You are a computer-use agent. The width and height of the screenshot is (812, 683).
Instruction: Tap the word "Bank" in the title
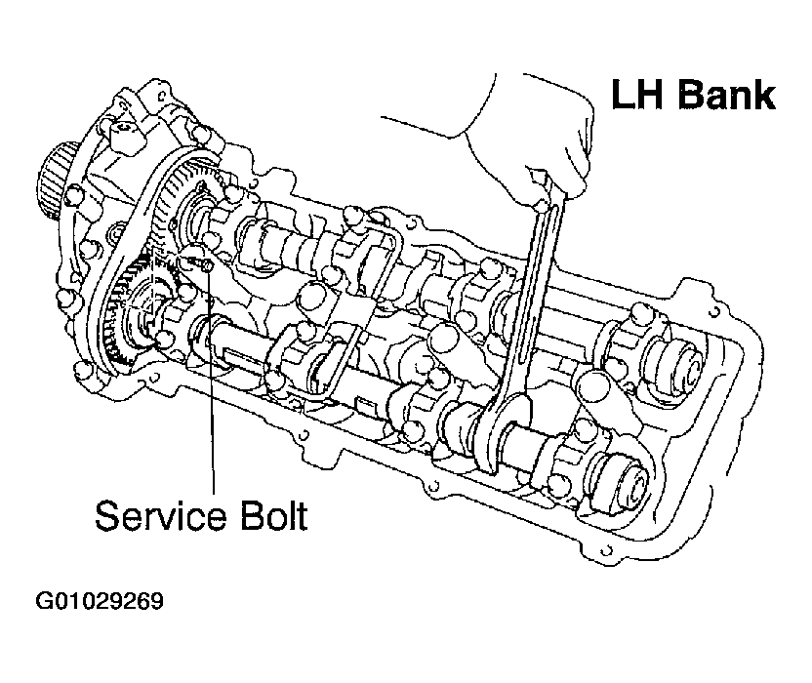[x=727, y=95]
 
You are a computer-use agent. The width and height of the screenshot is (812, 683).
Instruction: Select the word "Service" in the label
[x=161, y=516]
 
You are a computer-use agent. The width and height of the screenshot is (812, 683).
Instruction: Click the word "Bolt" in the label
[x=274, y=515]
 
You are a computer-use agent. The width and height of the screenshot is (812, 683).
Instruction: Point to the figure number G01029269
[x=100, y=601]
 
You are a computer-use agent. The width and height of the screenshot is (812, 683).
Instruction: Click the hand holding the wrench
[x=534, y=140]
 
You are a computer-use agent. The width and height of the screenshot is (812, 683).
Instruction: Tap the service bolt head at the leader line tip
[x=207, y=265]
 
